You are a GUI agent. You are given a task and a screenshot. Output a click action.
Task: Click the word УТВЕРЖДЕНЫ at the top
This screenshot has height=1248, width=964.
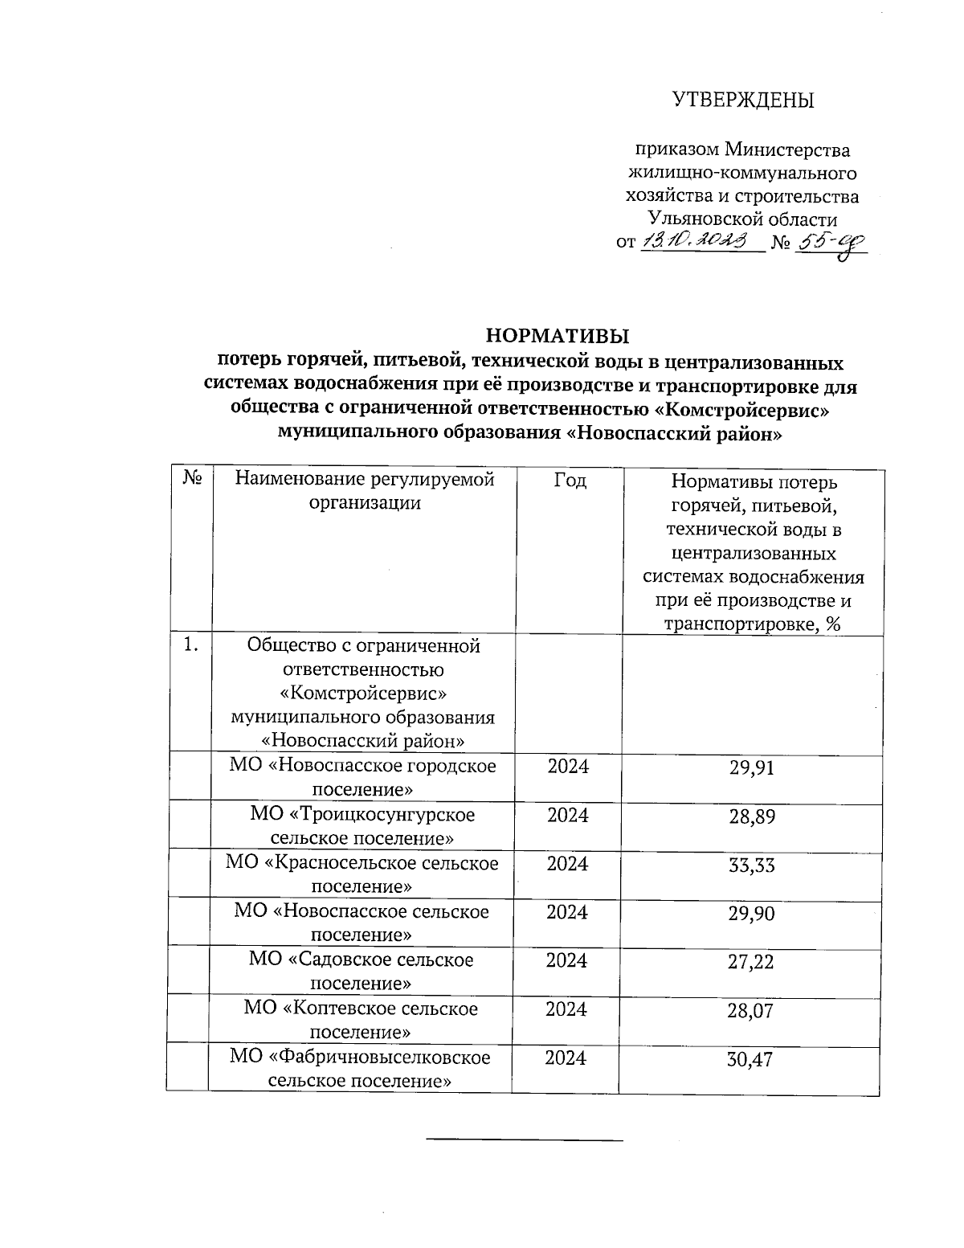tap(742, 100)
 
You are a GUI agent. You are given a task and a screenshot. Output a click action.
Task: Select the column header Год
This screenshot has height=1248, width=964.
tap(570, 481)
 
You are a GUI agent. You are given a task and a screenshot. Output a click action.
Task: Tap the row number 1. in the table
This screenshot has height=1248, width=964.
tap(191, 644)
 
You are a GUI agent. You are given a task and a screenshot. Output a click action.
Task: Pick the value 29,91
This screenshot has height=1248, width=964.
tap(751, 767)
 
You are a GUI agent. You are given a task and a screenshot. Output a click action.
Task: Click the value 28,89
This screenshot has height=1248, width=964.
tap(751, 816)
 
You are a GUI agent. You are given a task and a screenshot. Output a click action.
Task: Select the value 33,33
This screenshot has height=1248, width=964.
tap(751, 865)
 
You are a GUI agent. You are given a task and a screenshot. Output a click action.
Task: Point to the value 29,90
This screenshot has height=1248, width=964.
tap(751, 913)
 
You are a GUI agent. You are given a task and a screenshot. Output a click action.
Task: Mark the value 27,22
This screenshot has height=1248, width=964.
tap(751, 961)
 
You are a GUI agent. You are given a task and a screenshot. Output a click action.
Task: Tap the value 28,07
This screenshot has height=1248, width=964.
tap(751, 1010)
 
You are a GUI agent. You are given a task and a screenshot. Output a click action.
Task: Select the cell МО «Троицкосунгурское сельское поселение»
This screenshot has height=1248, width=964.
tap(361, 826)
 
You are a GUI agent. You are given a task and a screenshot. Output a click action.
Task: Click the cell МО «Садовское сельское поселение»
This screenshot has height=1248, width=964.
tap(361, 971)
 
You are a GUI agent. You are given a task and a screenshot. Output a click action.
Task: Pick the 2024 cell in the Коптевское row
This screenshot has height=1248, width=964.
tap(566, 1009)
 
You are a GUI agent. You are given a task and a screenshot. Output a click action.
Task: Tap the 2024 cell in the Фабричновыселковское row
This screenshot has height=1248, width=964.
tap(566, 1058)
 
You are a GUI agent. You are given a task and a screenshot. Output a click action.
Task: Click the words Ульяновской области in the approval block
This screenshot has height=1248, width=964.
tap(742, 219)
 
